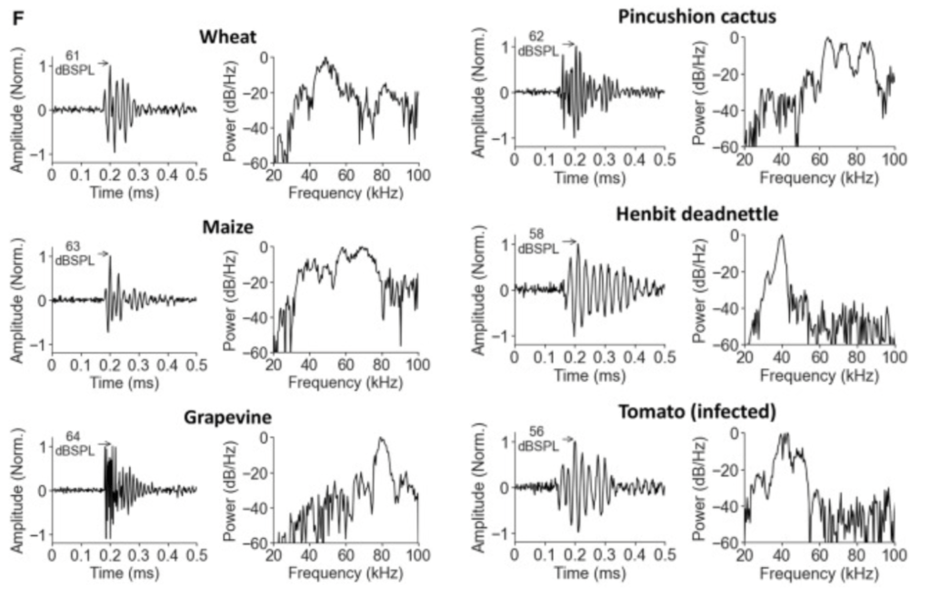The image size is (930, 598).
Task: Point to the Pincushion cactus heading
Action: (696, 15)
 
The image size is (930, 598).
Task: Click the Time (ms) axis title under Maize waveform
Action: (124, 383)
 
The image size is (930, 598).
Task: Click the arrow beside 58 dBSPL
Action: (570, 242)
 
